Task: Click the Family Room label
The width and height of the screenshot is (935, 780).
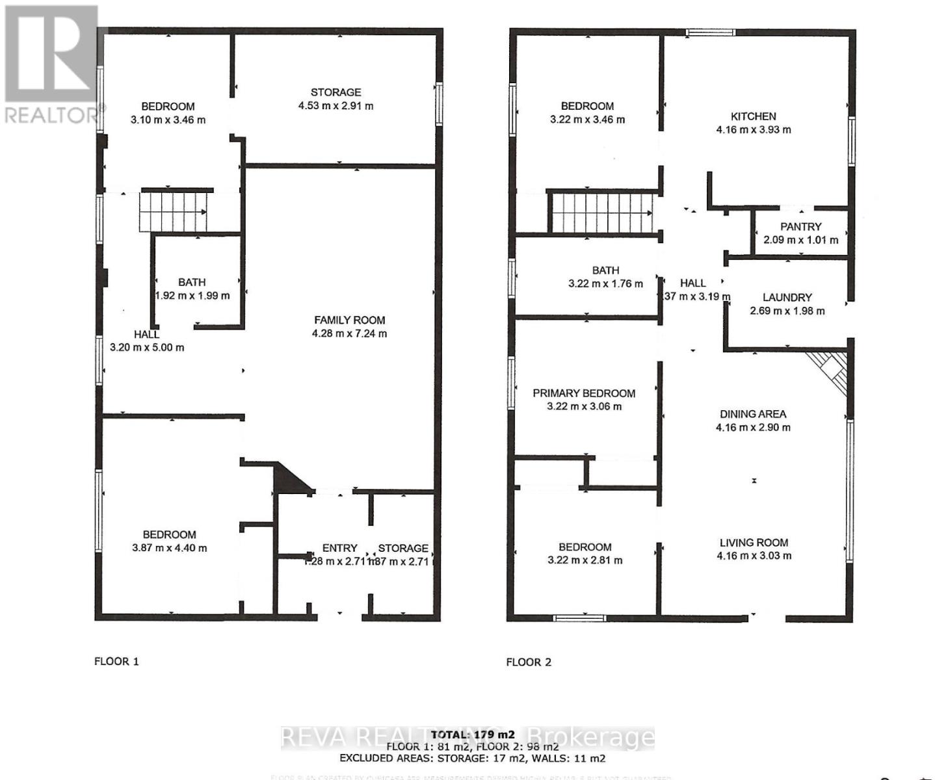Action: pos(349,320)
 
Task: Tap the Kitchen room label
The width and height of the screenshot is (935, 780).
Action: pos(753,116)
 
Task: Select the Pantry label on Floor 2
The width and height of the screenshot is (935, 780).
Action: pos(800,227)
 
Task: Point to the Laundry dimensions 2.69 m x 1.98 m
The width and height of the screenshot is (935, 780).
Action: pos(787,311)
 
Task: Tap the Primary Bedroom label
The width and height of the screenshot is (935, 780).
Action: pos(583,393)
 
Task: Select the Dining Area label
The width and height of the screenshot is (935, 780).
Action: pos(752,414)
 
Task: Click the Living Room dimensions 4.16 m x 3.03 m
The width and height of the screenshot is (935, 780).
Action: pos(754,556)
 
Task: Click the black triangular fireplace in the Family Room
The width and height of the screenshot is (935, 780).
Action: pos(290,479)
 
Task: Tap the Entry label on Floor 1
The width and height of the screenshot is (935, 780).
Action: pos(339,548)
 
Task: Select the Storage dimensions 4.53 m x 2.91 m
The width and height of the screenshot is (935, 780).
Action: pos(336,106)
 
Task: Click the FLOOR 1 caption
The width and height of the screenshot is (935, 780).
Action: pos(116,662)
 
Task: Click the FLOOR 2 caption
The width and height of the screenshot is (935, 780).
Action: pos(529,662)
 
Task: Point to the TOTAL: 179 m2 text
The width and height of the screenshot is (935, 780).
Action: pos(472,734)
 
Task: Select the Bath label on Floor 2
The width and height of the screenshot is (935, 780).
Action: pos(605,270)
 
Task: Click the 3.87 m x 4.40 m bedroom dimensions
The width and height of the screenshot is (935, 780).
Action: pos(169,548)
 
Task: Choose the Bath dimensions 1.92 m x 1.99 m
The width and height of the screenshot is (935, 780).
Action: pos(192,296)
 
